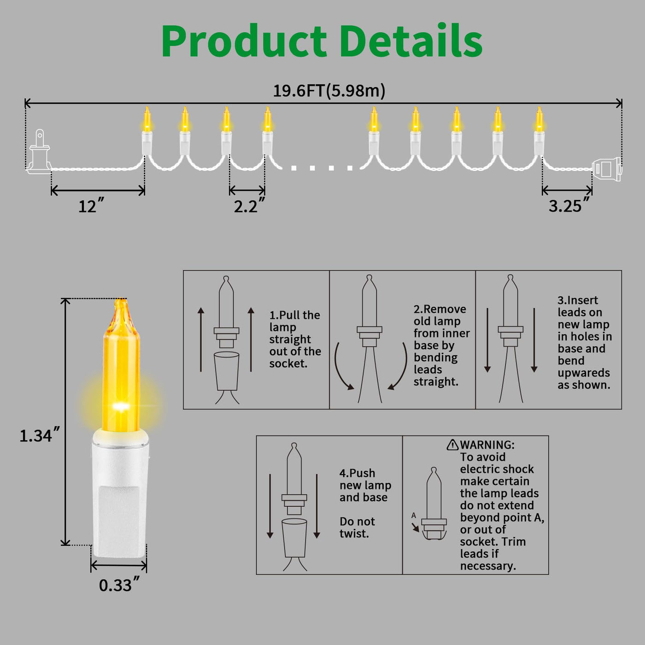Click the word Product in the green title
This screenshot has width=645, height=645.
coord(244,41)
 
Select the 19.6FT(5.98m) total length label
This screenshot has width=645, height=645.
coord(329,91)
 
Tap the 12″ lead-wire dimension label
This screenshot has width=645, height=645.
coord(91,206)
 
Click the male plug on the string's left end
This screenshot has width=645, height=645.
coord(39,152)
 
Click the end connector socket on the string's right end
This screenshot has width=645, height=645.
coord(607,169)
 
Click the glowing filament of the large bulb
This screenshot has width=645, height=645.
coord(121,407)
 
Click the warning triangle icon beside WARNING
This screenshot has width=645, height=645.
coord(452,445)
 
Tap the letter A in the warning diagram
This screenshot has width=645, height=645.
coord(413,516)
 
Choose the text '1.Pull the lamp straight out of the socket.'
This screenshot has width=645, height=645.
coord(295,339)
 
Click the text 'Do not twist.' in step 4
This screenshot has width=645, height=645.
coord(357,528)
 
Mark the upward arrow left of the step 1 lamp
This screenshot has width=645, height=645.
coord(201,339)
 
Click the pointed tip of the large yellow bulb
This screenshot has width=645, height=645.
coord(121,302)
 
